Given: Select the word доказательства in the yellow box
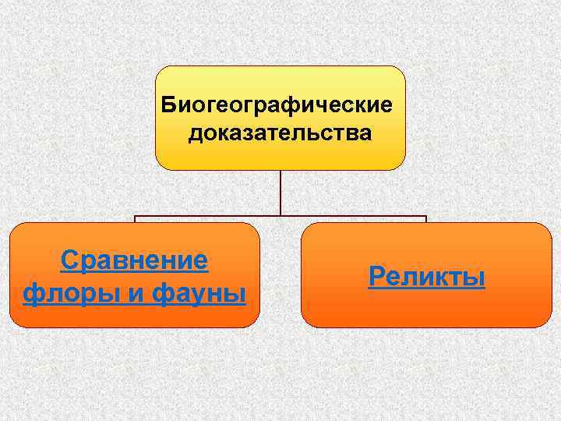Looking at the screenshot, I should tap(280, 133).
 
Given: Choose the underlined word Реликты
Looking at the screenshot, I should tap(426, 277).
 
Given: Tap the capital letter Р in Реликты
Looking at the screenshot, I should tap(376, 277).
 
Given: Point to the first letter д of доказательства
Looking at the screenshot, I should tap(194, 134).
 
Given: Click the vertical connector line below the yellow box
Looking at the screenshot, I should tap(280, 191).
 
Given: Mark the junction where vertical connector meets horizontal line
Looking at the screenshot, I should tap(280, 216).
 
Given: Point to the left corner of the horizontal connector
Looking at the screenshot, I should tap(135, 217).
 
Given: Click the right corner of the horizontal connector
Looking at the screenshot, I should tap(426, 217).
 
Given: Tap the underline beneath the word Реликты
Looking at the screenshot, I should tap(426, 288).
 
